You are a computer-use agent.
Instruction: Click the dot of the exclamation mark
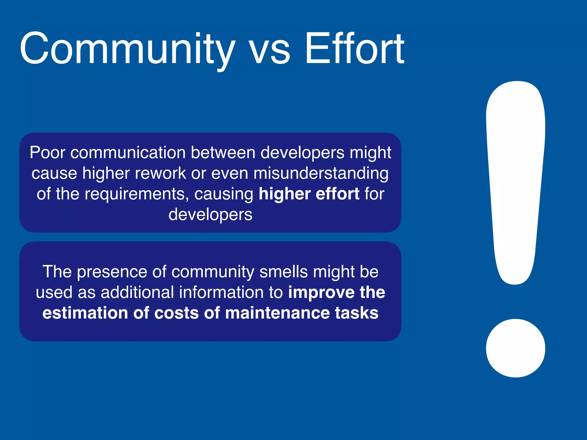pyautogui.click(x=515, y=348)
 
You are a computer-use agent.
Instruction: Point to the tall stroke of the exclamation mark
pyautogui.click(x=515, y=178)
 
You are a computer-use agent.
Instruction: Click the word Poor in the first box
pyautogui.click(x=48, y=152)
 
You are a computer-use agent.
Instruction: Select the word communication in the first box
pyautogui.click(x=128, y=152)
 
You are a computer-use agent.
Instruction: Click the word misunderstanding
pyautogui.click(x=321, y=174)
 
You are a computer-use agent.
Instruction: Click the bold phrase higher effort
pyautogui.click(x=309, y=194)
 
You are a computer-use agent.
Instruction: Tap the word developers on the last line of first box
pyautogui.click(x=210, y=215)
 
